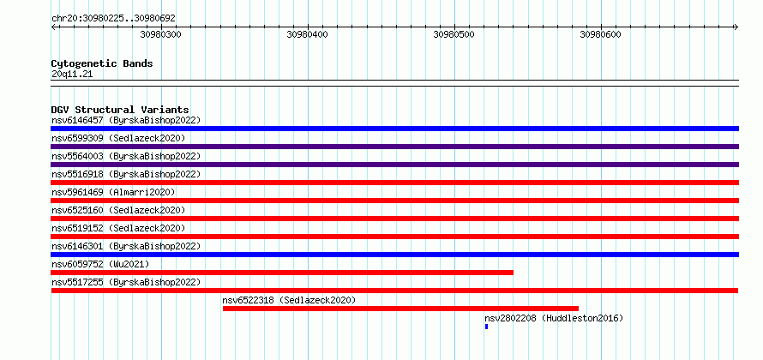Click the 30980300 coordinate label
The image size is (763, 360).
tap(160, 34)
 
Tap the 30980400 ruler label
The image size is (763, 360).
tap(307, 34)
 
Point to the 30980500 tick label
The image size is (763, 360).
tap(454, 34)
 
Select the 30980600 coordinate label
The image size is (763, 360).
tap(600, 34)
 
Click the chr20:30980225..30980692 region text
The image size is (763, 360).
tap(113, 19)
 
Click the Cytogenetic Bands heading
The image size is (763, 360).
tap(102, 63)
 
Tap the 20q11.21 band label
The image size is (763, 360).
tap(72, 75)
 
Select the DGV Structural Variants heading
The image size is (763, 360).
tap(120, 110)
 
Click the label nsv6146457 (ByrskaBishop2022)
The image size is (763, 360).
tap(126, 120)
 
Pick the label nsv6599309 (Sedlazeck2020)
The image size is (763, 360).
tap(118, 138)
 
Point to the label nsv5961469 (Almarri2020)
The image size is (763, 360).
tap(113, 192)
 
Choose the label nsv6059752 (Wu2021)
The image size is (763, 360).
tap(100, 264)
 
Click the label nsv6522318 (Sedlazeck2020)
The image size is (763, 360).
tap(289, 300)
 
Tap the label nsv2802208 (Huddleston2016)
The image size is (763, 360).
tap(554, 318)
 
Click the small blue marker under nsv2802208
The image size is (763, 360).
tap(486, 327)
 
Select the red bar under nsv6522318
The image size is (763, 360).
tap(400, 309)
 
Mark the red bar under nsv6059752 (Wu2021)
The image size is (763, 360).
tap(282, 273)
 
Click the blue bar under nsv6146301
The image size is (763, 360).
tap(394, 255)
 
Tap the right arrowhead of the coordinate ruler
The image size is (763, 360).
tap(736, 27)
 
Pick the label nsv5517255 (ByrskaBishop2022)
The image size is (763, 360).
tap(126, 282)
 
